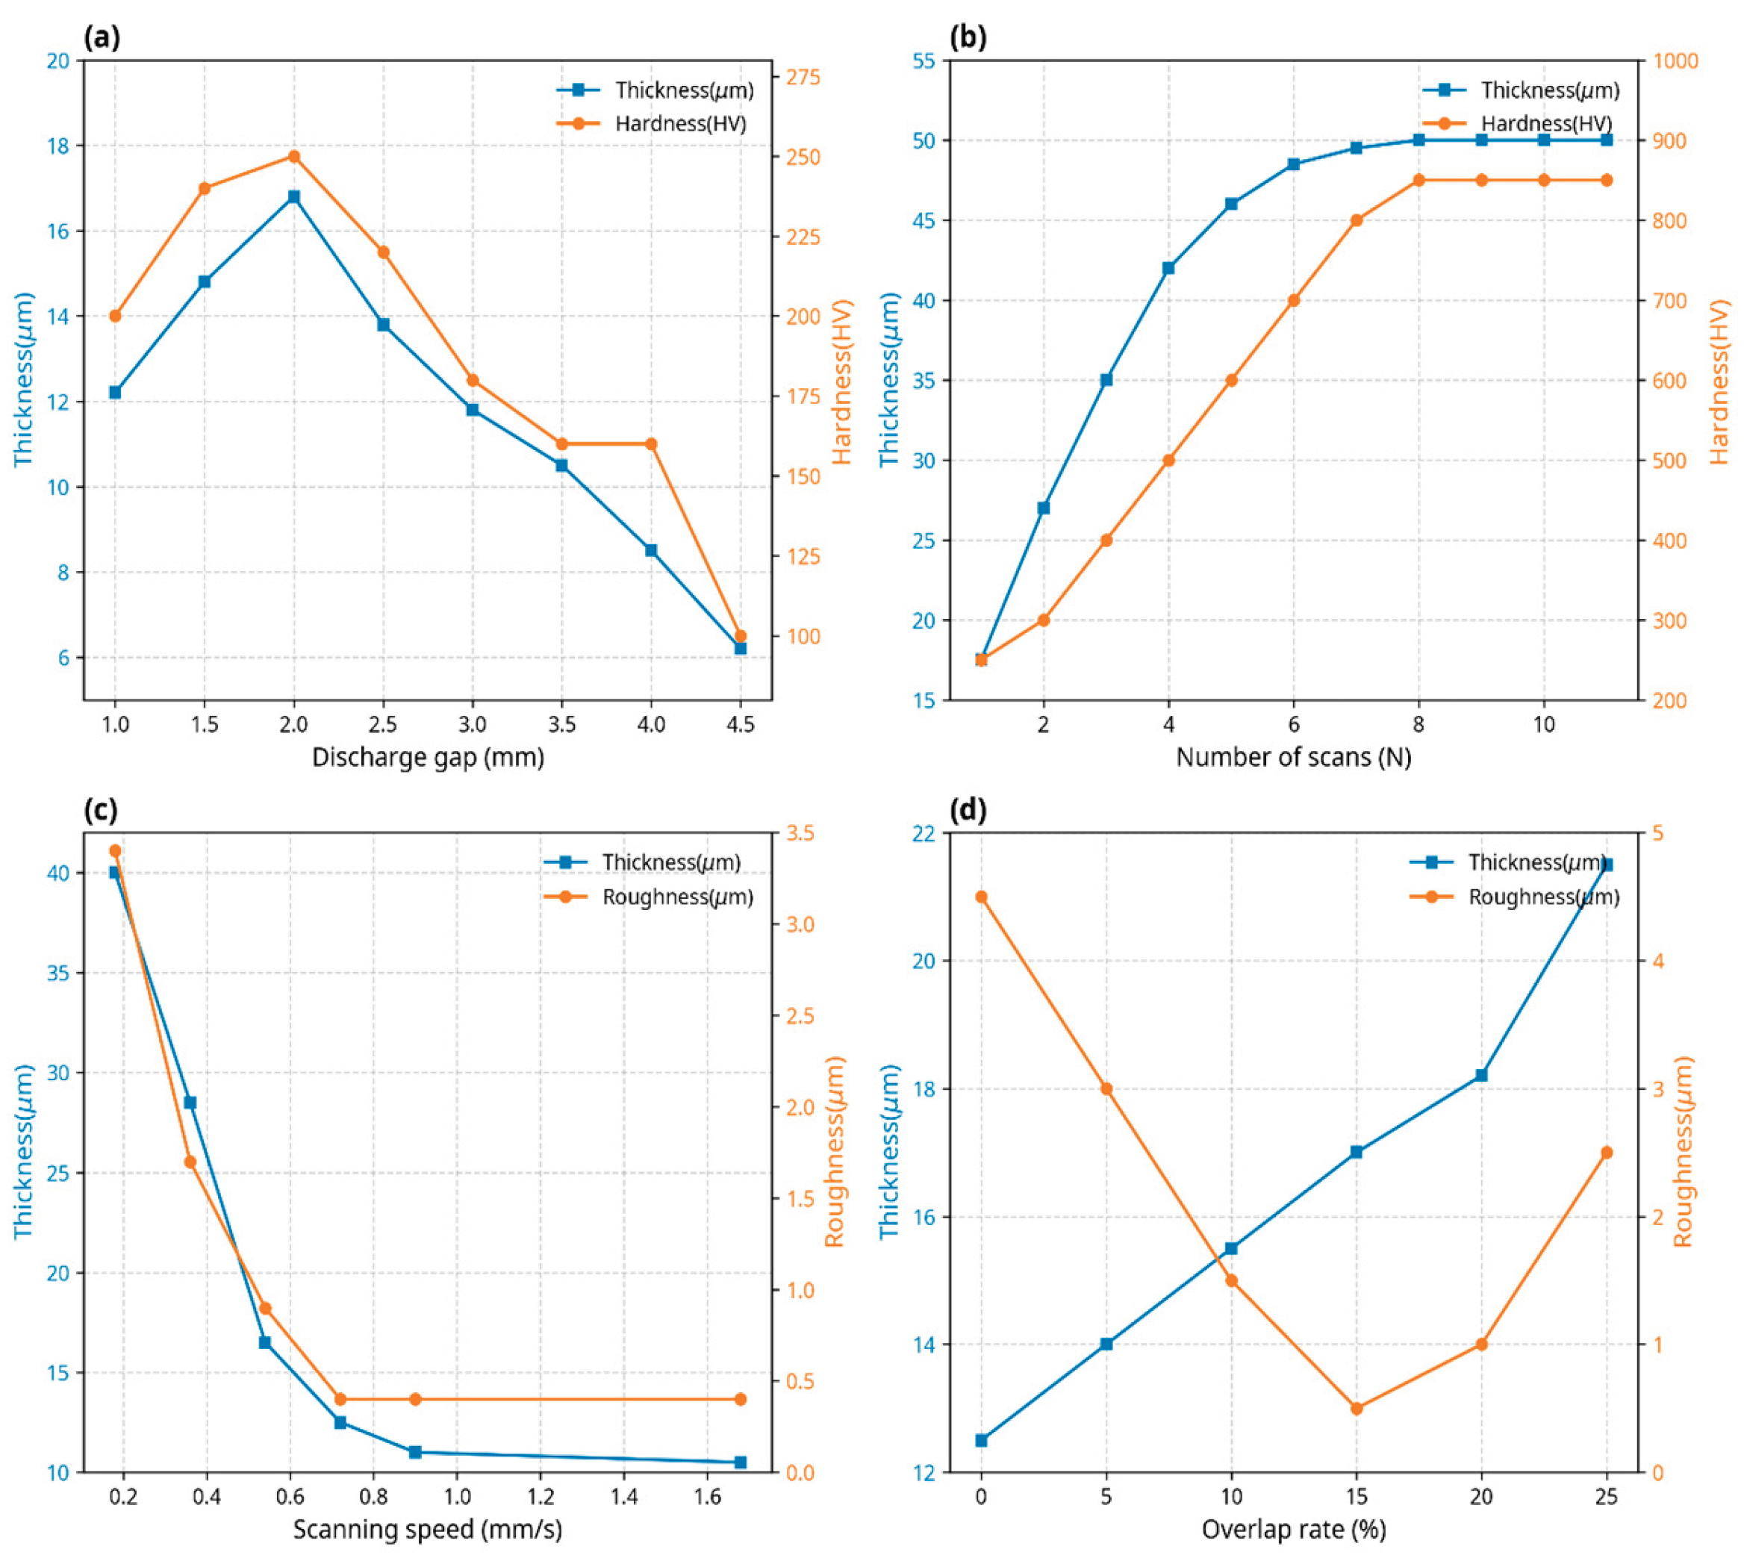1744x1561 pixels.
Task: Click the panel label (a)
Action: click(102, 38)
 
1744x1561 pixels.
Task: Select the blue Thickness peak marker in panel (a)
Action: click(294, 196)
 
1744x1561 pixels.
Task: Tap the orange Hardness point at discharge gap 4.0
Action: click(651, 443)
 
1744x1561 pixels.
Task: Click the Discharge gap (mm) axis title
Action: click(427, 757)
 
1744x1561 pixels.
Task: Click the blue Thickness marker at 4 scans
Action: click(1168, 267)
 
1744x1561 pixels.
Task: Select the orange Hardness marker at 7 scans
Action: click(1357, 219)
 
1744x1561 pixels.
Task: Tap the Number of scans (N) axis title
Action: click(1293, 757)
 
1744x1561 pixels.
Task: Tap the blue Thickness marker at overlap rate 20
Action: click(1481, 1075)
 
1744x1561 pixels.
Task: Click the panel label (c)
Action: click(102, 810)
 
